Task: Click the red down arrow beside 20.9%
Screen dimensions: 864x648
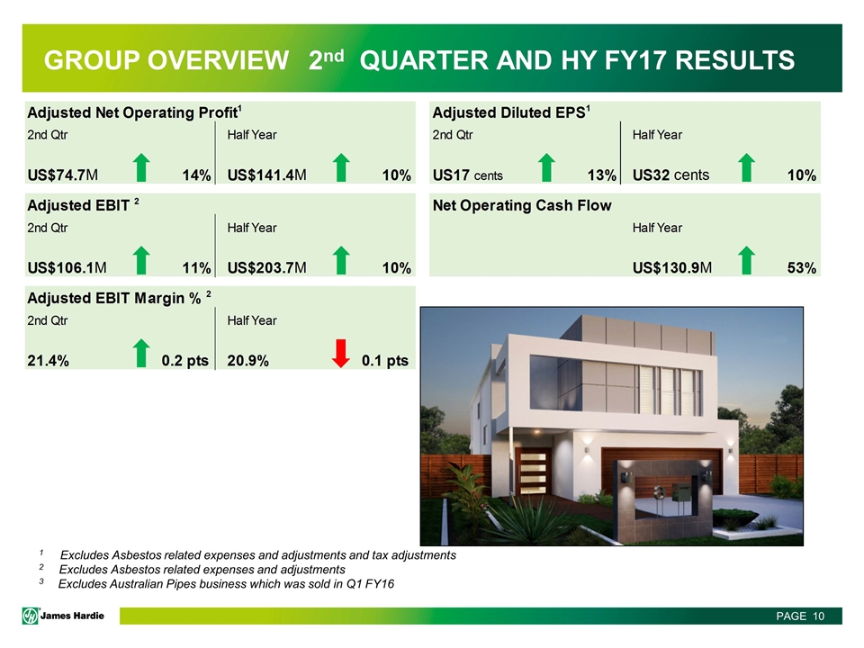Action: click(x=341, y=353)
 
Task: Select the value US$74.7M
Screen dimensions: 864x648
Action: click(x=63, y=175)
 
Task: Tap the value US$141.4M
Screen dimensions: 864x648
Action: click(x=266, y=175)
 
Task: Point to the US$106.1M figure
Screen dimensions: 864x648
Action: click(x=67, y=268)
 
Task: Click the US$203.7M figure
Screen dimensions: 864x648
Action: click(x=266, y=268)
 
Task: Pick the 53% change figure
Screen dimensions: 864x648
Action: click(x=802, y=268)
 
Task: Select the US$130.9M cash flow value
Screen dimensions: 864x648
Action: click(x=672, y=268)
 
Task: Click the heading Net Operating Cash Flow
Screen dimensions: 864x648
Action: click(x=522, y=205)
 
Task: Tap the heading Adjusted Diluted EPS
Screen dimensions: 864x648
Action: click(x=511, y=112)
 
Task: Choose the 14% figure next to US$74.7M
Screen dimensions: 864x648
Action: click(x=197, y=175)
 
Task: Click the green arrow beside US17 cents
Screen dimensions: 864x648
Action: click(x=546, y=167)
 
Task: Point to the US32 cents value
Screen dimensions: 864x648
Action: click(x=670, y=175)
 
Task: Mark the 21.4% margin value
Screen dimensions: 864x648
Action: click(x=48, y=361)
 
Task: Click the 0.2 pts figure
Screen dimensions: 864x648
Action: click(x=185, y=361)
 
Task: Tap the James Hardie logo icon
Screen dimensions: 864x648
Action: click(x=31, y=616)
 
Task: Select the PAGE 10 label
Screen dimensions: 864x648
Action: click(x=800, y=616)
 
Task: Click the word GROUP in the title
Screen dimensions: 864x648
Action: click(x=90, y=60)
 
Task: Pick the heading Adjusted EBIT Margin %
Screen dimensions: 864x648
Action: click(x=119, y=298)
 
